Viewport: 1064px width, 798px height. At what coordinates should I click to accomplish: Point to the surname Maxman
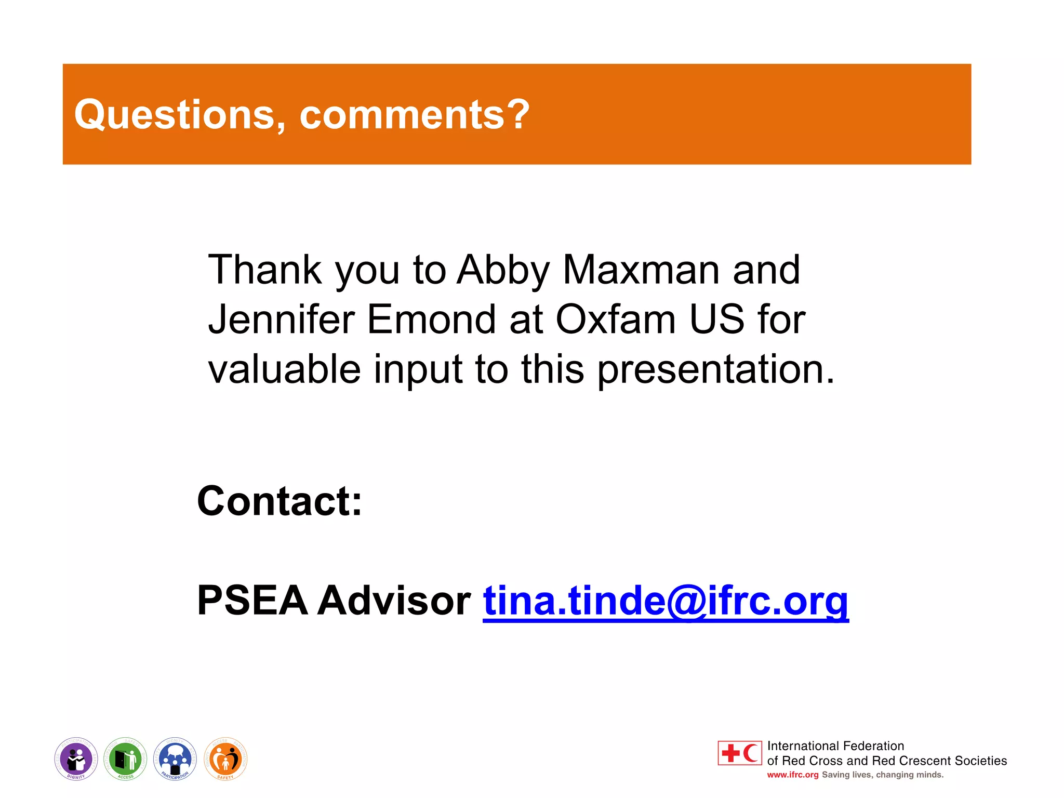pyautogui.click(x=641, y=270)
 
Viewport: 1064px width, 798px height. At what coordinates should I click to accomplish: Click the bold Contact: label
pyautogui.click(x=280, y=501)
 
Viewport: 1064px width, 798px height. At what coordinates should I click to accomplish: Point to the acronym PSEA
pyautogui.click(x=252, y=601)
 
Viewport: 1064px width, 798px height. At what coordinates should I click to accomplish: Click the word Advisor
pyautogui.click(x=394, y=601)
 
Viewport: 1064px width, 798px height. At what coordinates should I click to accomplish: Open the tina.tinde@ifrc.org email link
pyautogui.click(x=666, y=602)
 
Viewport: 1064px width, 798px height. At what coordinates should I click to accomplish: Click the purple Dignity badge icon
pyautogui.click(x=76, y=759)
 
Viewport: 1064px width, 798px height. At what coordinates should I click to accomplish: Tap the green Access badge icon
pyautogui.click(x=125, y=759)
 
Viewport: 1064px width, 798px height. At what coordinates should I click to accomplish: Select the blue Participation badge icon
pyautogui.click(x=175, y=759)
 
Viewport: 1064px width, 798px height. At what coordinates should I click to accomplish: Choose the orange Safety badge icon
pyautogui.click(x=225, y=759)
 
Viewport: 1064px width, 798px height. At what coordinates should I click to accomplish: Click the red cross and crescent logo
pyautogui.click(x=739, y=753)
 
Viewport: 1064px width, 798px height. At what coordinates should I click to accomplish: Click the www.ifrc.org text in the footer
pyautogui.click(x=792, y=775)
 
